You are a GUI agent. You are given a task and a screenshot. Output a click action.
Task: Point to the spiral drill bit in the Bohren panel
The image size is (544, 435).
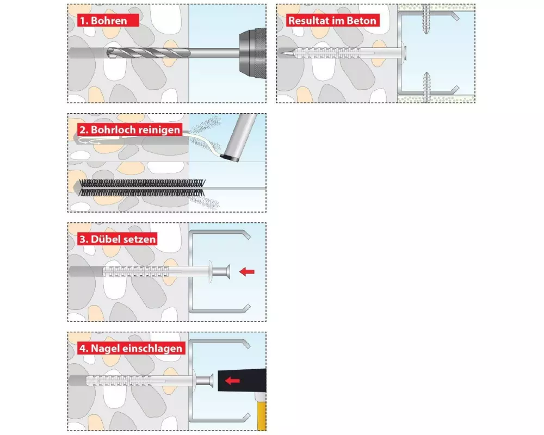click(x=149, y=53)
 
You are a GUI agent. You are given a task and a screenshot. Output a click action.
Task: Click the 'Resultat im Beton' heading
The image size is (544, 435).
click(x=332, y=21)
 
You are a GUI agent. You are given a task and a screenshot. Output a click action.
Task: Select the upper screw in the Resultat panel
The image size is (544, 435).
click(x=426, y=18)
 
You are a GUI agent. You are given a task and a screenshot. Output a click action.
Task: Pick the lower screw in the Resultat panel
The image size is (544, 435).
click(x=426, y=87)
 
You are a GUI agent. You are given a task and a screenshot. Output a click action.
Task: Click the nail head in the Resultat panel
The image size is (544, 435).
click(x=404, y=53)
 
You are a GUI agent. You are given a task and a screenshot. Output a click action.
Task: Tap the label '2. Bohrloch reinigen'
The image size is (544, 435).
click(x=130, y=130)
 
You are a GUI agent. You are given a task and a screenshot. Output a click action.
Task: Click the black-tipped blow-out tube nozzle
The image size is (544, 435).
click(x=230, y=158)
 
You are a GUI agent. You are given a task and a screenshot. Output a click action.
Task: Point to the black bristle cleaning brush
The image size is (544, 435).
click(x=142, y=188)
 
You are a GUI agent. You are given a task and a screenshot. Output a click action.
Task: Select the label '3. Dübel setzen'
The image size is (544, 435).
click(x=118, y=239)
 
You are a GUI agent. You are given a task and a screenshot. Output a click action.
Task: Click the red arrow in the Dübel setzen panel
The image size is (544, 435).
click(x=247, y=271)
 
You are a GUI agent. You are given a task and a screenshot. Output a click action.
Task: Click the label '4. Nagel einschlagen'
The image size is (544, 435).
click(x=131, y=349)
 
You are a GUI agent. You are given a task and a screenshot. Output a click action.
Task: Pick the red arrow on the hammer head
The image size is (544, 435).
click(x=232, y=381)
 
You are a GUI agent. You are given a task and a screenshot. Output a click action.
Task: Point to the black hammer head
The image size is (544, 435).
click(x=242, y=380)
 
